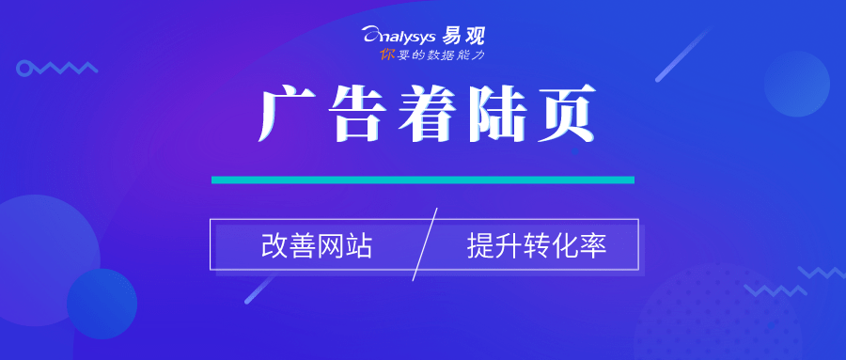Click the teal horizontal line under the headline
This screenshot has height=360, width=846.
(423, 180)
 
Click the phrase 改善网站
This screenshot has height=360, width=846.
(317, 246)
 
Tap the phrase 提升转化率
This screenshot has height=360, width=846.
(537, 246)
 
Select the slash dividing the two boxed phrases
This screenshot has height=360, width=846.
(425, 245)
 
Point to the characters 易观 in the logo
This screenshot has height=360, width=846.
(466, 37)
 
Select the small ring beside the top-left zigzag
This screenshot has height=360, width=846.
(24, 68)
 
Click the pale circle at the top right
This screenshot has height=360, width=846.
(796, 84)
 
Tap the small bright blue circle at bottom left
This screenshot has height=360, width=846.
(102, 304)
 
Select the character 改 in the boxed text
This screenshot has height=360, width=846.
(274, 246)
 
